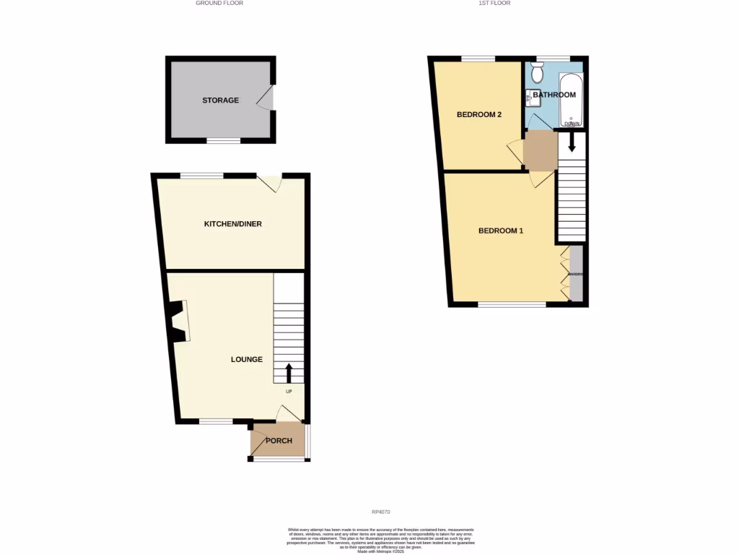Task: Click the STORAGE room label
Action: [220, 100]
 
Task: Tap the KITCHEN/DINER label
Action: [232, 224]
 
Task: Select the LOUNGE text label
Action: [246, 359]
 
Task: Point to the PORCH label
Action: [279, 441]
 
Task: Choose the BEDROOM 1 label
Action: [500, 231]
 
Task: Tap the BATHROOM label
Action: [554, 95]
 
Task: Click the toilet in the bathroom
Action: [536, 72]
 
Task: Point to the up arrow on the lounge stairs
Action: [289, 373]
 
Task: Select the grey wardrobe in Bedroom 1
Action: [575, 275]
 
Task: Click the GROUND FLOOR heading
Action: [219, 4]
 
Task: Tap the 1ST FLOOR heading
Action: [494, 4]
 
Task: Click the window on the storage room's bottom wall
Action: [224, 141]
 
